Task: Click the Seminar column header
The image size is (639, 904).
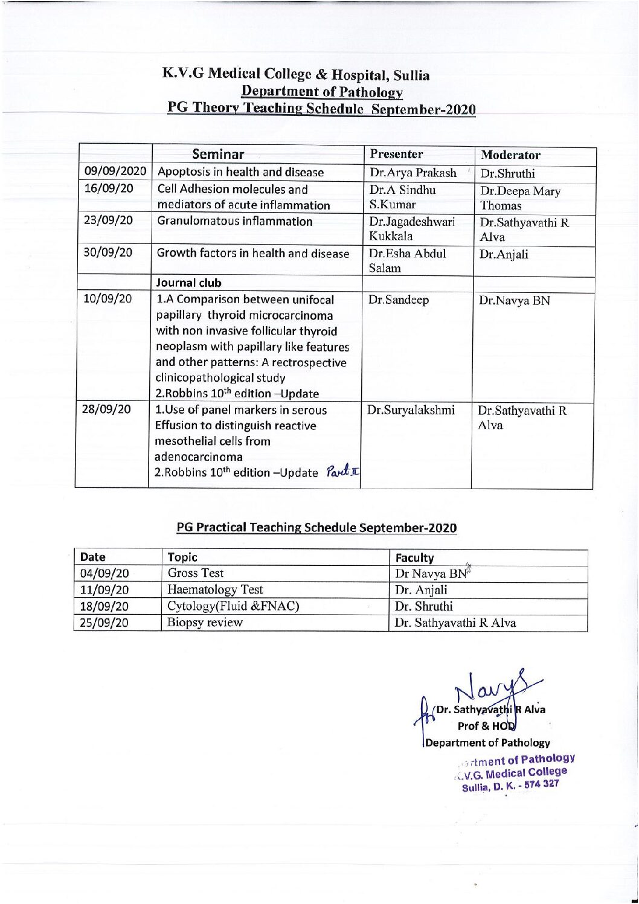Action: [218, 154]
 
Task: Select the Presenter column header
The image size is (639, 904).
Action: [396, 154]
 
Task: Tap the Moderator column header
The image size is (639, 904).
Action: [510, 155]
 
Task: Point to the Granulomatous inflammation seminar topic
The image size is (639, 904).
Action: [235, 221]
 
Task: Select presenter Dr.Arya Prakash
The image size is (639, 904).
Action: [413, 173]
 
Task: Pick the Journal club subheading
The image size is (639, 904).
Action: [189, 283]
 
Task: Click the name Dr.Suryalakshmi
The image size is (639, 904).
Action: [410, 410]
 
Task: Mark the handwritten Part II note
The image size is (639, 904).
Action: [341, 471]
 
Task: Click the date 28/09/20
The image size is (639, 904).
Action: [107, 409]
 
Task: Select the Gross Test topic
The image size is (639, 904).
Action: [196, 573]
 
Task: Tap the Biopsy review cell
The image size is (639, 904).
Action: [205, 623]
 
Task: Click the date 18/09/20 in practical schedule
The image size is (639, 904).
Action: [104, 606]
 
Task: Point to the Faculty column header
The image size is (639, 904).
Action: [414, 557]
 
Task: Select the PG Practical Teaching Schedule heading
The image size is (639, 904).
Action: [316, 527]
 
